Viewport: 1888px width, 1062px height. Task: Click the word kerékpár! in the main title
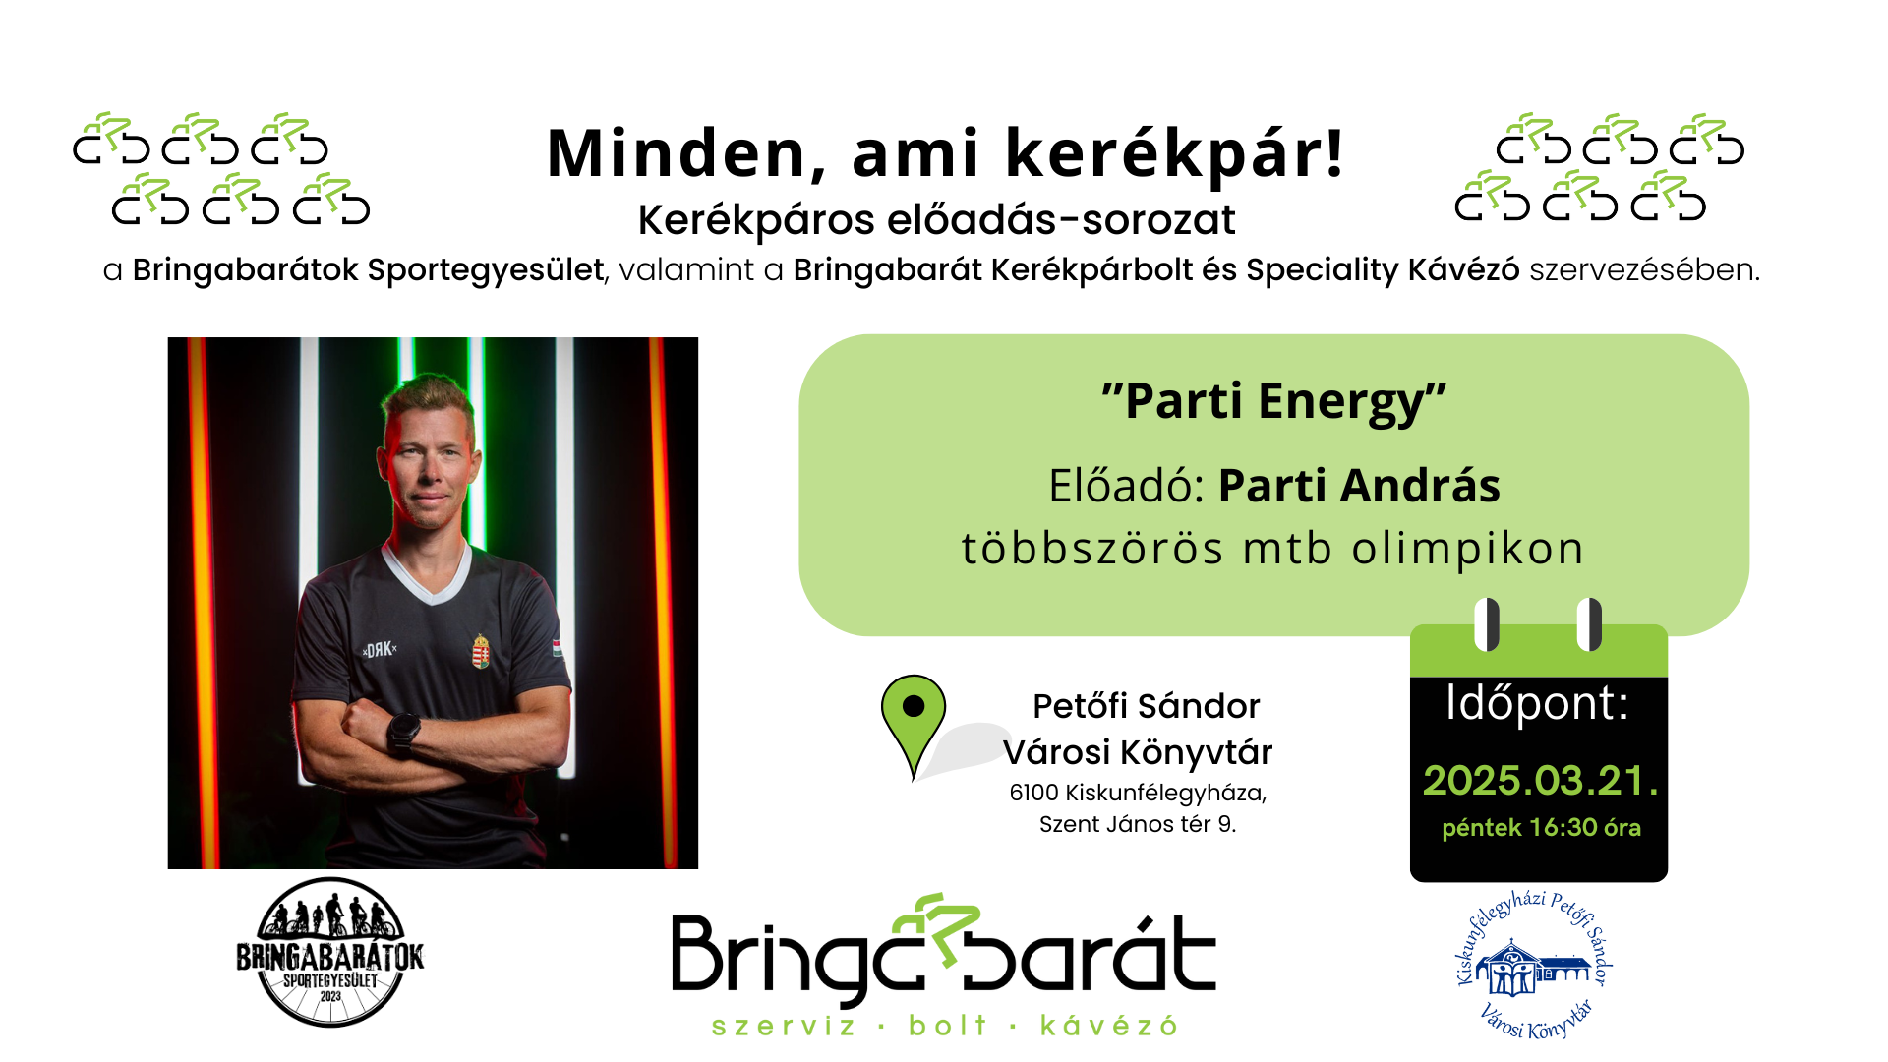(1174, 154)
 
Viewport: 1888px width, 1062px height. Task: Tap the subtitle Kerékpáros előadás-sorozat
(936, 220)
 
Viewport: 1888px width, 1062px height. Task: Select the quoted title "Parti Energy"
(1273, 402)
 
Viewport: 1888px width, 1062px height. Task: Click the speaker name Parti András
(1359, 486)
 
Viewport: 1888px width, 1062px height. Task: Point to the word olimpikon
(1467, 549)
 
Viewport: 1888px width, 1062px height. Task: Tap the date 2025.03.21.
(1540, 781)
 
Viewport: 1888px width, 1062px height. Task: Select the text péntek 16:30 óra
(1541, 828)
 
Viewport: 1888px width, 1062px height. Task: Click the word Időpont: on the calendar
(1537, 704)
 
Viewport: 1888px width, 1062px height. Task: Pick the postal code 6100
(1033, 793)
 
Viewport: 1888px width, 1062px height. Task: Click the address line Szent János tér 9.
(1138, 824)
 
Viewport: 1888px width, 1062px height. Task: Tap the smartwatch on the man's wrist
(403, 732)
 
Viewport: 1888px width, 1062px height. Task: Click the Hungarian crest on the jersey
(481, 651)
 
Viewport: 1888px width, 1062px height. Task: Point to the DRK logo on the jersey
(380, 650)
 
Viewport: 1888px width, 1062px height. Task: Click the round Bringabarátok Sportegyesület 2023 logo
(330, 953)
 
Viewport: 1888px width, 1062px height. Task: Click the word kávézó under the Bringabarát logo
(1109, 1026)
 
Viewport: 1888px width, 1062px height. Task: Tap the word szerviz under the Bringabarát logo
(784, 1027)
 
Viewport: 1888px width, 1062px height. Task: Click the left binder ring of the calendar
(1488, 624)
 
